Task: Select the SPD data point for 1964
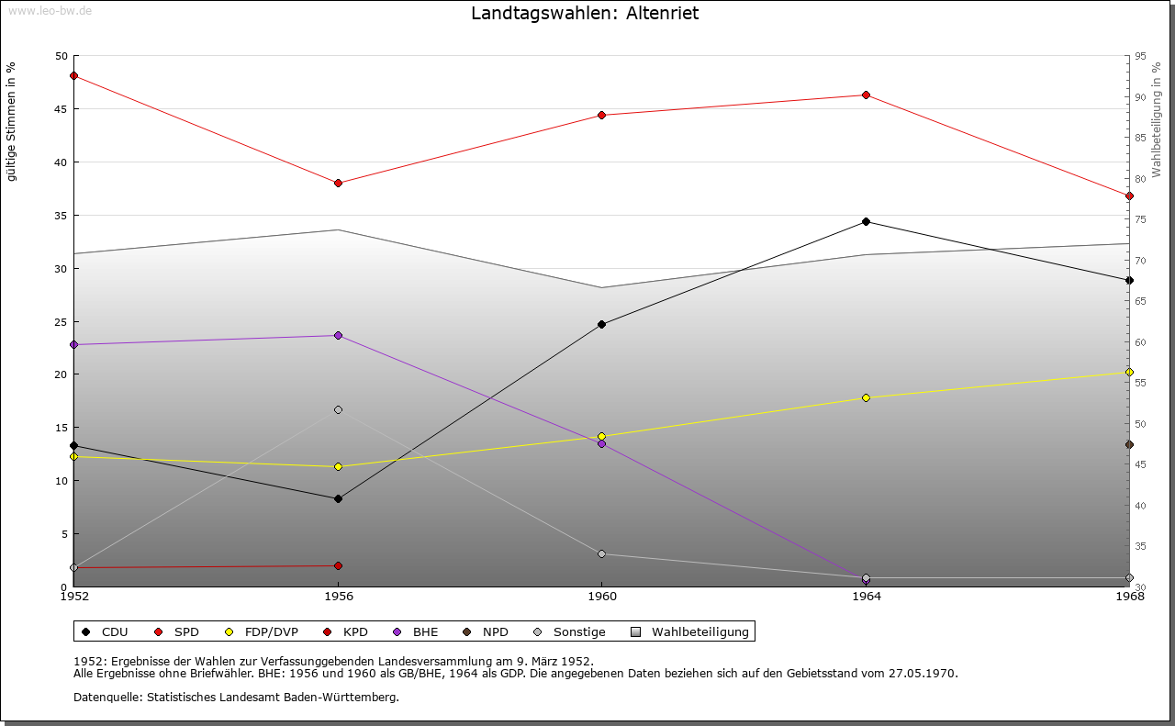point(866,95)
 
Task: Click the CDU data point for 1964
point(866,221)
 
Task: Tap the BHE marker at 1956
point(338,335)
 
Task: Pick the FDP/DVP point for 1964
point(866,397)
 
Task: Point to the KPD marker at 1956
point(338,565)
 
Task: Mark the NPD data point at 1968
point(1129,444)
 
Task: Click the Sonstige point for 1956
point(338,409)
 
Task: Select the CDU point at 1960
point(601,324)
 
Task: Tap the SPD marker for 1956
point(338,183)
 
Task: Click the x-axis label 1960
point(601,597)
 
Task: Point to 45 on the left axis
point(62,109)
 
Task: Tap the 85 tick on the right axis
point(1139,138)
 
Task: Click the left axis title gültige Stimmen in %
point(12,121)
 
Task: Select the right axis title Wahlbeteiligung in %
point(1157,119)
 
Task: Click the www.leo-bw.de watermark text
point(49,10)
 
